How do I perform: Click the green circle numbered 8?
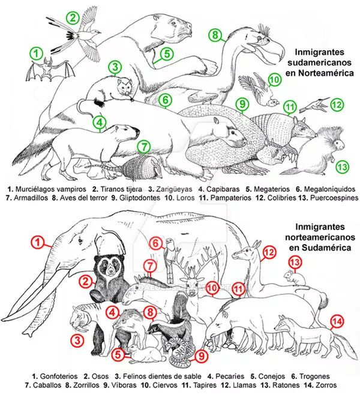(215, 35)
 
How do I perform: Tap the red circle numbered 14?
(337, 321)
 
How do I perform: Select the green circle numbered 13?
(342, 167)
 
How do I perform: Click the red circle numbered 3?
(77, 340)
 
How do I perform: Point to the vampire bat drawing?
(50, 70)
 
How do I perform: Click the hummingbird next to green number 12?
(314, 105)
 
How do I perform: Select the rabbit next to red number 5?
(146, 352)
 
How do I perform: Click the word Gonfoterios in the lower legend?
(58, 376)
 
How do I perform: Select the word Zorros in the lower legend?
(326, 385)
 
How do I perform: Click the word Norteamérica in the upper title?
(326, 73)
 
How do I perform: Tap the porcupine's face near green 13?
(338, 144)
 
